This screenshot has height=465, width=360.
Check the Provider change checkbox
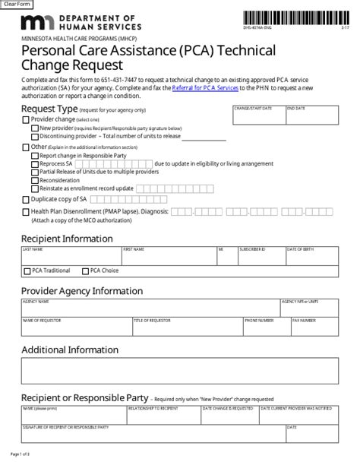click(x=26, y=120)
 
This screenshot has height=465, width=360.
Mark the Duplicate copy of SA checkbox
click(x=26, y=199)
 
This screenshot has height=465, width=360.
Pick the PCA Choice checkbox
click(x=85, y=271)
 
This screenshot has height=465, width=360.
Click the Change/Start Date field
click(x=258, y=117)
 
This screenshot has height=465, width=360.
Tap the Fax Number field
click(x=314, y=328)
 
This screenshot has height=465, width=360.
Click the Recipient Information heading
click(x=67, y=239)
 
